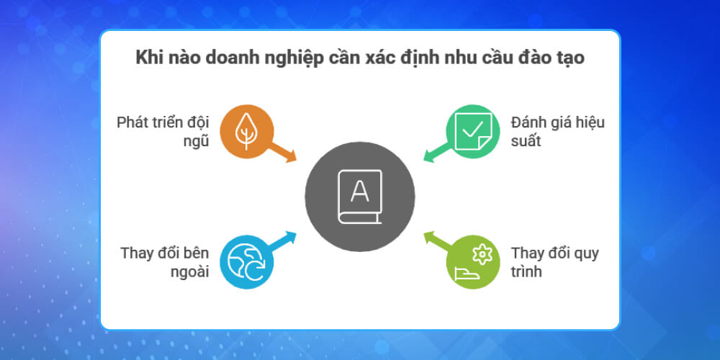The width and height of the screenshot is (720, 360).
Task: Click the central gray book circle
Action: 359,197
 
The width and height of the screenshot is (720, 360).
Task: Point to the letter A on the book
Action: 359,192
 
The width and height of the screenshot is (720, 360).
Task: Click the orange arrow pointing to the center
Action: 284,153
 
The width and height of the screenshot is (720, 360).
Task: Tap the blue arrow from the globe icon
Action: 284,240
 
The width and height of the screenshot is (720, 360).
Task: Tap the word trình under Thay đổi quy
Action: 527,273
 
